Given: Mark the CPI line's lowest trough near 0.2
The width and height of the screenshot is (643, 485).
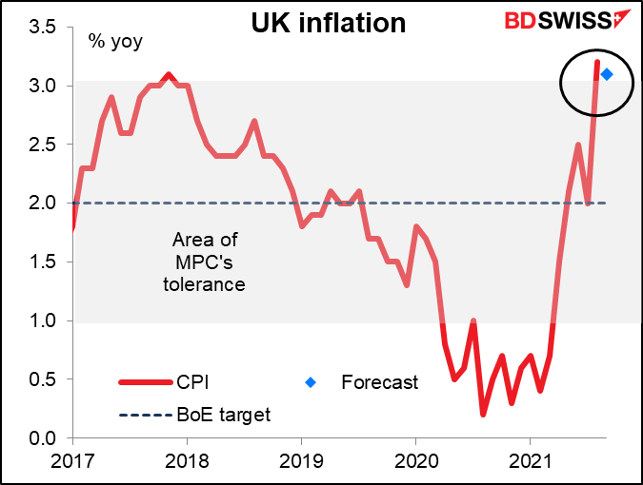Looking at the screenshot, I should tap(483, 414).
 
